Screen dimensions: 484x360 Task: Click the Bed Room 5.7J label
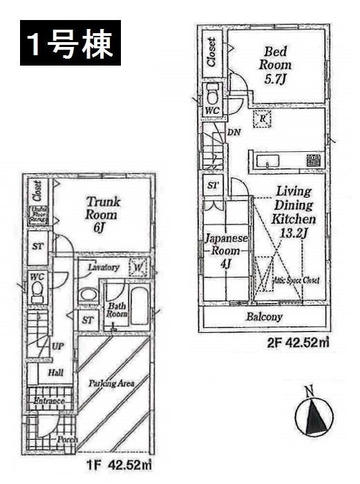click(x=276, y=64)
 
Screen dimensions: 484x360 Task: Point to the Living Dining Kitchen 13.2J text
click(x=293, y=211)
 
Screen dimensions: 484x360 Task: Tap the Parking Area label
click(x=111, y=383)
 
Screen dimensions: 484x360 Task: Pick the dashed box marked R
click(x=263, y=119)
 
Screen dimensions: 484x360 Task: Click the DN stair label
click(x=233, y=131)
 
